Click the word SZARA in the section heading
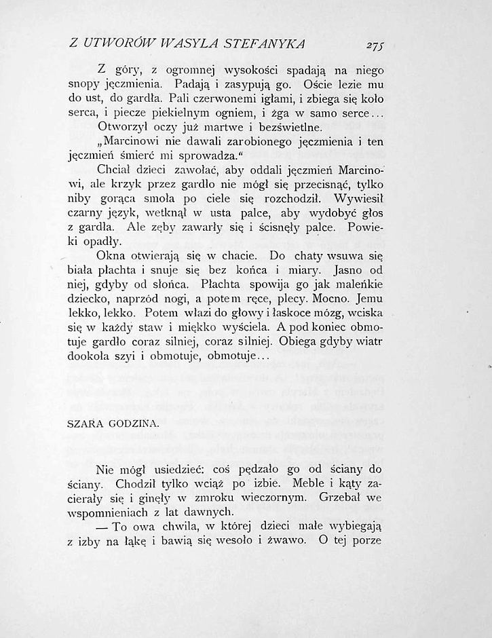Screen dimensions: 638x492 (x=86, y=423)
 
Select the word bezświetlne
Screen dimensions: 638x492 (x=280, y=127)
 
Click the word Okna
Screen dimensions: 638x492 (x=111, y=257)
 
